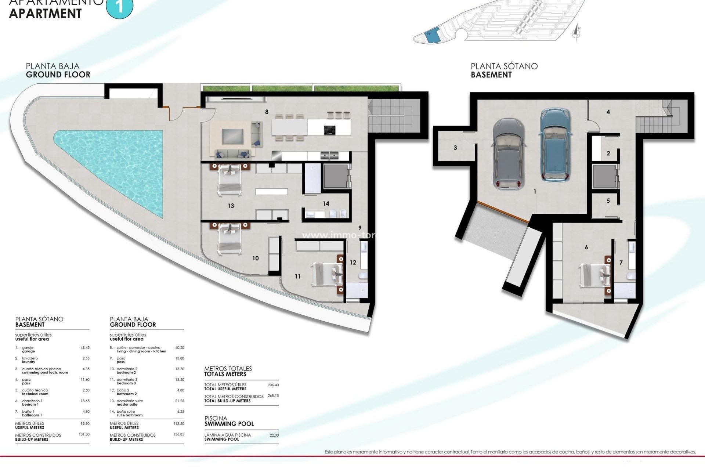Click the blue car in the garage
tap(555, 145)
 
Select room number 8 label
tap(267, 112)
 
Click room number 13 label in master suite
tap(231, 206)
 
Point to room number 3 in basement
tap(455, 148)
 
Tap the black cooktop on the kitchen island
tap(329, 130)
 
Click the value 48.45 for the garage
tap(85, 348)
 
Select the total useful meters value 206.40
tap(273, 385)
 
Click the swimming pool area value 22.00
tap(274, 435)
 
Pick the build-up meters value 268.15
tap(273, 396)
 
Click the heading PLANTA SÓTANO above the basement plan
tap(504, 66)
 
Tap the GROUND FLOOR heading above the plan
tap(58, 75)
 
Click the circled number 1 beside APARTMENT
tap(119, 7)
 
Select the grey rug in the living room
tap(232, 137)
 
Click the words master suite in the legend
tap(127, 405)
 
